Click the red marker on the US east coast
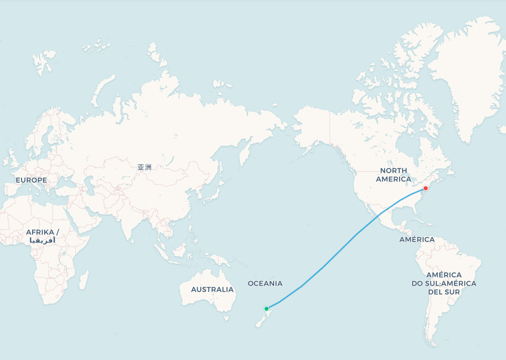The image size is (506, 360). (x=426, y=188)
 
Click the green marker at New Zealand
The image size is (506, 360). (x=267, y=308)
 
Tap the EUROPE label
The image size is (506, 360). (x=31, y=180)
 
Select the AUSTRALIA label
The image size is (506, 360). (x=212, y=289)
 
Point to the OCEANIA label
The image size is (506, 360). (x=265, y=283)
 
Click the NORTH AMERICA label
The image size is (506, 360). (x=394, y=175)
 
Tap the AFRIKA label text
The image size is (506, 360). (x=43, y=232)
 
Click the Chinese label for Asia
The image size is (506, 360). (x=144, y=167)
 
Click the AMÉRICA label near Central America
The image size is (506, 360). (x=417, y=239)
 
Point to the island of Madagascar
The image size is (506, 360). (x=84, y=280)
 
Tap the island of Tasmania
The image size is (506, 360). (x=226, y=318)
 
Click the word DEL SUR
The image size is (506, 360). (x=444, y=292)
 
